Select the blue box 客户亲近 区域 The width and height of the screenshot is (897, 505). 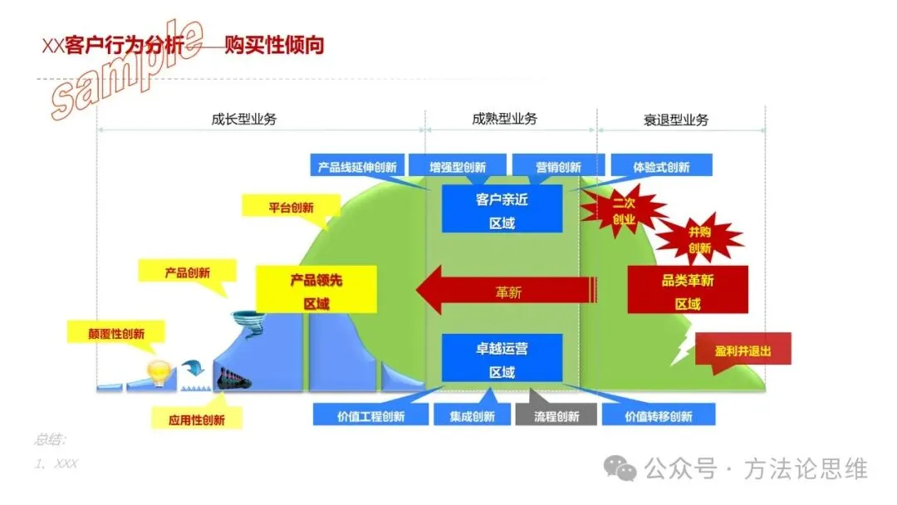pyautogui.click(x=502, y=211)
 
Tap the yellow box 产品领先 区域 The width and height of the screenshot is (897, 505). pyautogui.click(x=316, y=291)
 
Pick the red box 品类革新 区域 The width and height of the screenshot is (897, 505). pyautogui.click(x=688, y=291)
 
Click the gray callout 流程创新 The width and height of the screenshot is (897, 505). pyautogui.click(x=556, y=415)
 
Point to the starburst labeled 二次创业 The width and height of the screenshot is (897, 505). pyautogui.click(x=623, y=211)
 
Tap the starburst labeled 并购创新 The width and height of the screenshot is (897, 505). pyautogui.click(x=699, y=239)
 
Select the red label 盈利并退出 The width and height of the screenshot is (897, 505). pyautogui.click(x=742, y=351)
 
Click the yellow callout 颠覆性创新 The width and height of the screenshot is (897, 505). pyautogui.click(x=116, y=333)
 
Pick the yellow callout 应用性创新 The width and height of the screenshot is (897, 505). pyautogui.click(x=196, y=419)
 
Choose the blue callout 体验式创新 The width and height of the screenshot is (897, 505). pyautogui.click(x=661, y=167)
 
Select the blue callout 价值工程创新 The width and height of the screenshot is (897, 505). pyautogui.click(x=370, y=415)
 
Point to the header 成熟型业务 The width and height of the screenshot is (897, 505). pyautogui.click(x=504, y=119)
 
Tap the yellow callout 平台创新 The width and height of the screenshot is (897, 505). pyautogui.click(x=291, y=208)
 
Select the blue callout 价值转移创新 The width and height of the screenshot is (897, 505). pyautogui.click(x=658, y=415)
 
